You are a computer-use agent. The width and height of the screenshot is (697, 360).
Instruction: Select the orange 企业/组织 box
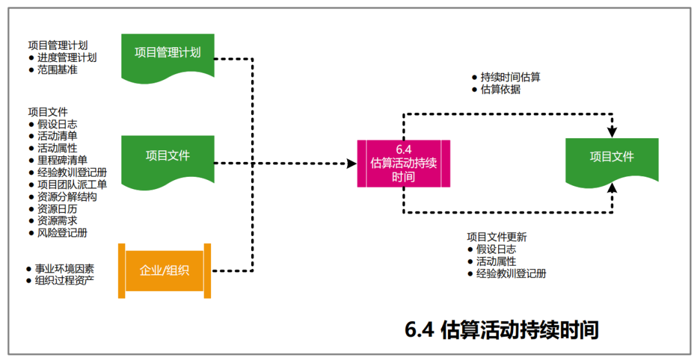(x=165, y=270)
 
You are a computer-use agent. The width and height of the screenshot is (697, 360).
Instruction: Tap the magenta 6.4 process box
(x=403, y=163)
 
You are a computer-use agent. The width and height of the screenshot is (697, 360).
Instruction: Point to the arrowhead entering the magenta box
(x=352, y=163)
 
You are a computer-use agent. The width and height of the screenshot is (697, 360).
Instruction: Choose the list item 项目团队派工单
(x=66, y=185)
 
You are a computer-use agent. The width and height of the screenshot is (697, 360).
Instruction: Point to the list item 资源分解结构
(x=66, y=197)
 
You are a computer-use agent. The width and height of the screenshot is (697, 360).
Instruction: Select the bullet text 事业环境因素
(x=65, y=268)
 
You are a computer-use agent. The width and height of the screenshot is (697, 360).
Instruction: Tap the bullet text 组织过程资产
(x=65, y=281)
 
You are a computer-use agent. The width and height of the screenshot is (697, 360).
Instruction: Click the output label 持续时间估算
(x=510, y=77)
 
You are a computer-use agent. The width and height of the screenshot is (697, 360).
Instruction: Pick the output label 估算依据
(x=501, y=90)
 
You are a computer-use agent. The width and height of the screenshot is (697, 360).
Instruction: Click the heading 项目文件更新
(x=497, y=237)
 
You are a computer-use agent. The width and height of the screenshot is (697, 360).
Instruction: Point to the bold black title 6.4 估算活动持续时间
(x=501, y=330)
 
